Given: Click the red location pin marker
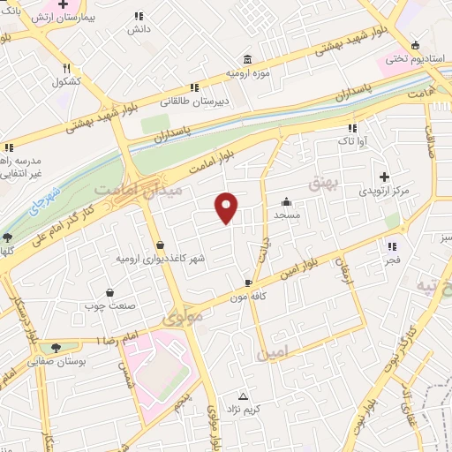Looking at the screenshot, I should (x=227, y=207).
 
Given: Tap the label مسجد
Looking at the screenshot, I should (x=287, y=215).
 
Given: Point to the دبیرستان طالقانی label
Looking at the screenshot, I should (x=193, y=102).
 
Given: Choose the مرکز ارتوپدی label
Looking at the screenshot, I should (x=385, y=191).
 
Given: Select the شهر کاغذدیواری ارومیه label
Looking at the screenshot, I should (x=160, y=259).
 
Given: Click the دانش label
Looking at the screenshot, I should (x=139, y=28).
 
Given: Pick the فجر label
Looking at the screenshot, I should (x=392, y=260).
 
